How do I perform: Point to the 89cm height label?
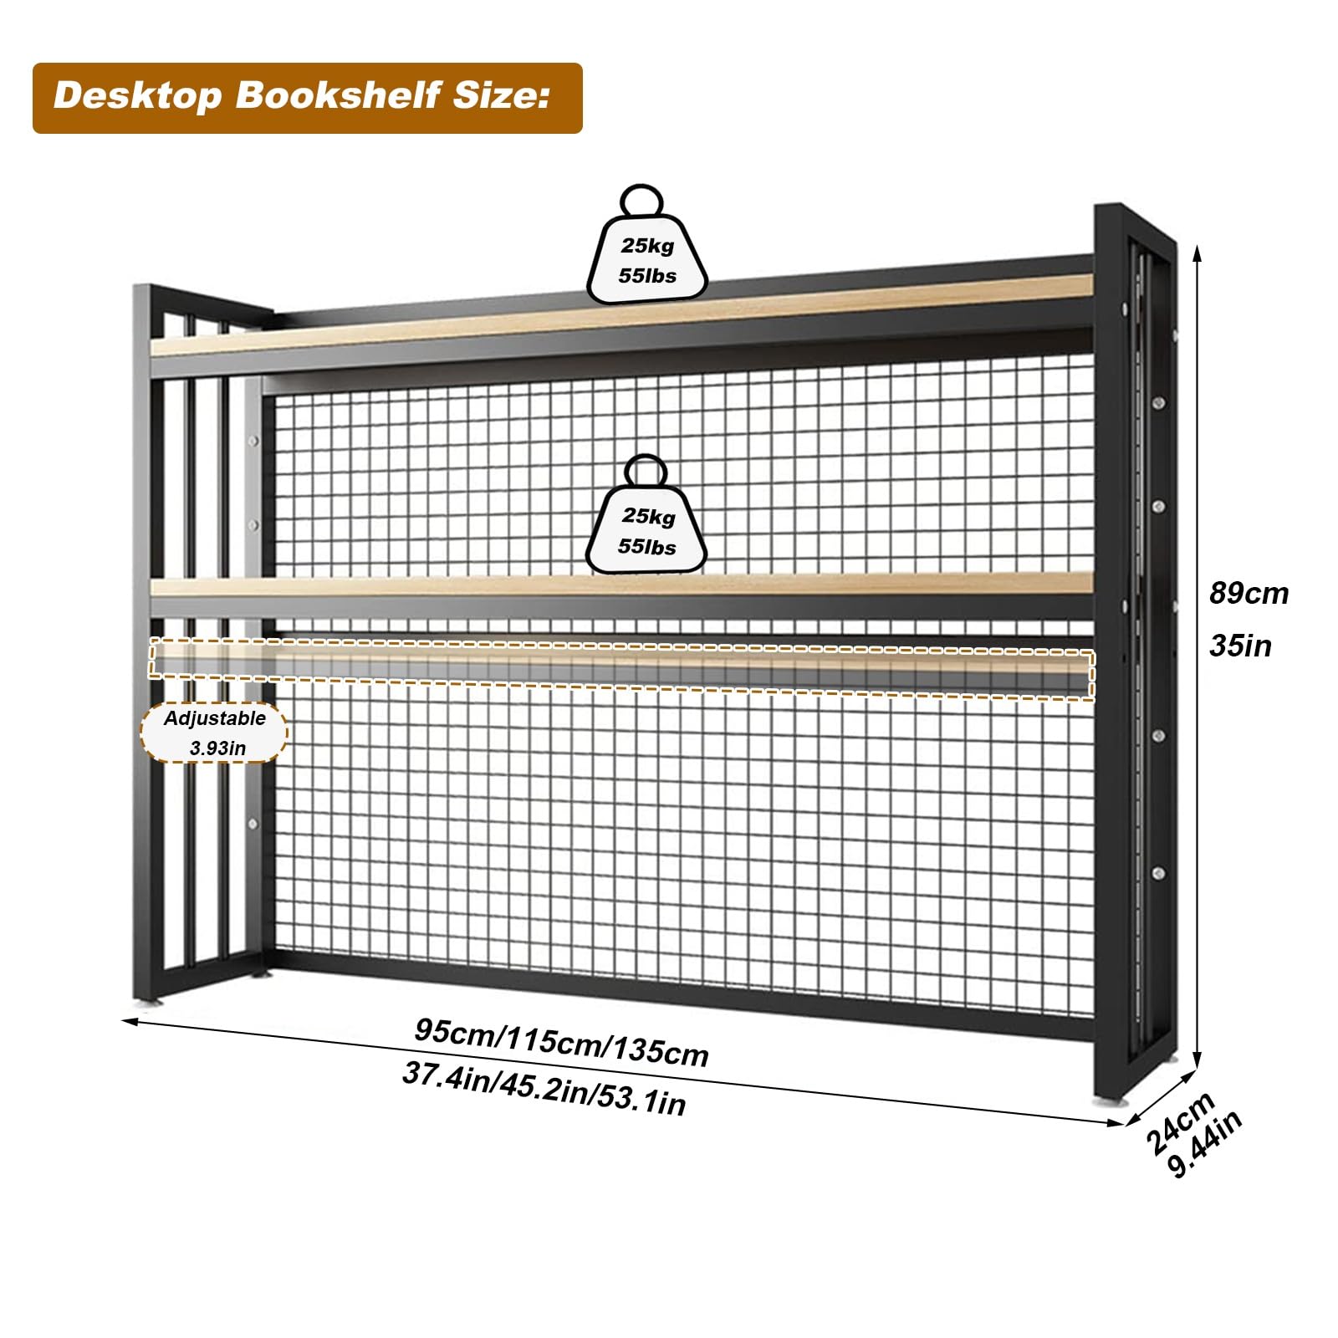click(x=1249, y=594)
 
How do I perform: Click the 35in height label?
click(x=1240, y=646)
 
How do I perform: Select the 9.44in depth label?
click(x=1205, y=1143)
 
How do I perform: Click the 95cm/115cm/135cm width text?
click(x=561, y=1042)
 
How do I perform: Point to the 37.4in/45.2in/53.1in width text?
click(x=544, y=1088)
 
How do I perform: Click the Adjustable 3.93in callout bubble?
click(x=214, y=733)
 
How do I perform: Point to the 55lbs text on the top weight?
click(x=647, y=275)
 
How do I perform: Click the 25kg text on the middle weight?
click(x=647, y=516)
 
